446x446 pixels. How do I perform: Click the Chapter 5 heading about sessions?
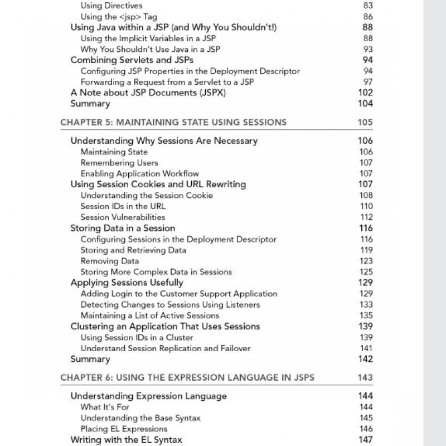click(x=173, y=122)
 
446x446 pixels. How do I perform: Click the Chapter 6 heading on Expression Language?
click(x=187, y=377)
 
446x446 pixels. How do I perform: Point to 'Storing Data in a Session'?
click(x=123, y=228)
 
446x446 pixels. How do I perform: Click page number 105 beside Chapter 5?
click(x=365, y=122)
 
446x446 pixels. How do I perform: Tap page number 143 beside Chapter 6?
click(x=365, y=377)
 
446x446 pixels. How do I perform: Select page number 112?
click(x=366, y=217)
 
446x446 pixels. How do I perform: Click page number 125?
click(x=366, y=272)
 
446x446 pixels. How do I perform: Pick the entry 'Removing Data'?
click(x=110, y=261)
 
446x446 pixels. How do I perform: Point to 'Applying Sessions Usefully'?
click(x=127, y=283)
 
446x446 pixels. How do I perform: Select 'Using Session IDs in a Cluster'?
click(x=137, y=337)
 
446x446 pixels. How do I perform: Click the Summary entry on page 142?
click(x=90, y=359)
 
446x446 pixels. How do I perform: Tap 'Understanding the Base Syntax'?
click(x=140, y=418)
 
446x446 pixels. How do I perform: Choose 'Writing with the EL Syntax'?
click(x=126, y=440)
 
